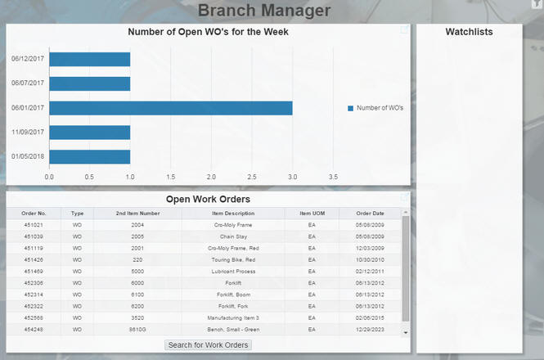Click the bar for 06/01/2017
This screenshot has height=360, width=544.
pyautogui.click(x=170, y=108)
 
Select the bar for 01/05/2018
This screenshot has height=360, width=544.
pyautogui.click(x=90, y=156)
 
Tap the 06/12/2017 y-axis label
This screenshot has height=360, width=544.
pyautogui.click(x=28, y=59)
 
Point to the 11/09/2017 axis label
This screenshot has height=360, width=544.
pyautogui.click(x=28, y=132)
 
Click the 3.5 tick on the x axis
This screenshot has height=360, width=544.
pyautogui.click(x=333, y=176)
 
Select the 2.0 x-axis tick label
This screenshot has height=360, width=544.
pyautogui.click(x=211, y=176)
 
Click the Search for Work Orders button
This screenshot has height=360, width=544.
pyautogui.click(x=209, y=345)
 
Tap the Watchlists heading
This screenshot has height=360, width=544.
pyautogui.click(x=469, y=32)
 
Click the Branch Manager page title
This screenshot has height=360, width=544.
pyautogui.click(x=264, y=11)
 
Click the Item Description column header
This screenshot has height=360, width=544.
pyautogui.click(x=233, y=213)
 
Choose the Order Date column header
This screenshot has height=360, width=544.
pyautogui.click(x=370, y=213)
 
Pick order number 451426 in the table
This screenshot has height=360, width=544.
pyautogui.click(x=34, y=259)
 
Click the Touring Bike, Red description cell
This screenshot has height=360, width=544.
pyautogui.click(x=233, y=259)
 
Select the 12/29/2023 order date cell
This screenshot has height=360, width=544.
pyautogui.click(x=370, y=329)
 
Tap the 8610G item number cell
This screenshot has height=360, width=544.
pyautogui.click(x=137, y=329)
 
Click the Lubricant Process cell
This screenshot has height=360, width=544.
pyautogui.click(x=233, y=271)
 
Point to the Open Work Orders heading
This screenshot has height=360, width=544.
pyautogui.click(x=208, y=199)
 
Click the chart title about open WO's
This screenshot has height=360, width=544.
pyautogui.click(x=208, y=32)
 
